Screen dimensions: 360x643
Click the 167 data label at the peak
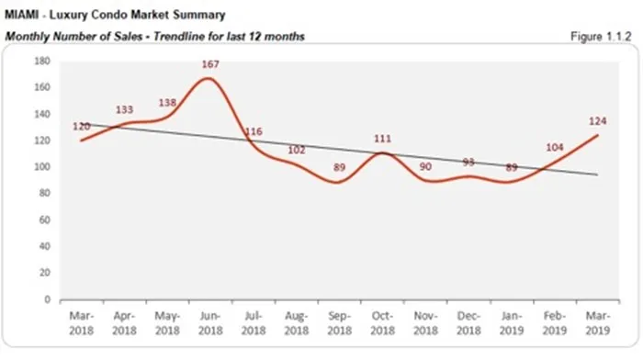212,64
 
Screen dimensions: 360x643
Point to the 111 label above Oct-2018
384,138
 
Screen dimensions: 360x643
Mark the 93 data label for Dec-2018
469,163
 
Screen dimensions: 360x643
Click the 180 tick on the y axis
41,62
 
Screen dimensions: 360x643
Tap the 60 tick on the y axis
44,220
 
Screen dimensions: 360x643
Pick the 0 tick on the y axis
47,299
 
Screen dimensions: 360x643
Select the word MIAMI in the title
25,16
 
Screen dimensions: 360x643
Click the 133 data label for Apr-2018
125,110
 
